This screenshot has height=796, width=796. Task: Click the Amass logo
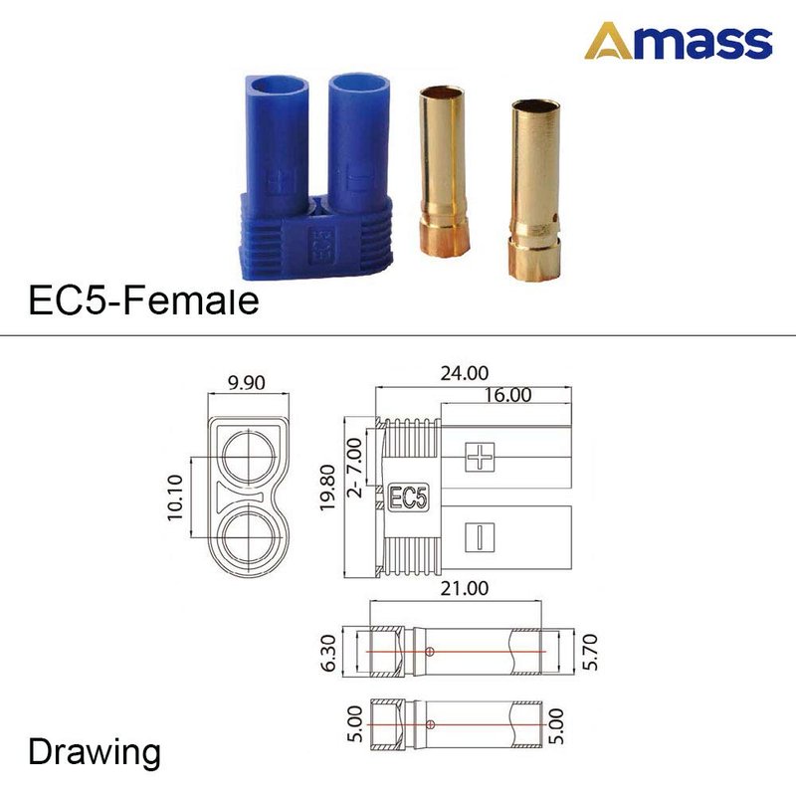pos(679,41)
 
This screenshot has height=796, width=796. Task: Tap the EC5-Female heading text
pos(143,300)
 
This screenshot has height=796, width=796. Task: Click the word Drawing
pos(95,753)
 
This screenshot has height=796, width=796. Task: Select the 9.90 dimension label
pos(246,382)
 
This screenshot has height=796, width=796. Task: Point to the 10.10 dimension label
pos(175,497)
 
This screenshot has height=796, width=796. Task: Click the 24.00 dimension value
pos(465,373)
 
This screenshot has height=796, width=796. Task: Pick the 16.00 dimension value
pos(507,395)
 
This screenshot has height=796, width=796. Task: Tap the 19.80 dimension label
pos(328,488)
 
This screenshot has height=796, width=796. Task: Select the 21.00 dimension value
pos(465,588)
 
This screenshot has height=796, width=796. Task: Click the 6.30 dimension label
pos(329,653)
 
